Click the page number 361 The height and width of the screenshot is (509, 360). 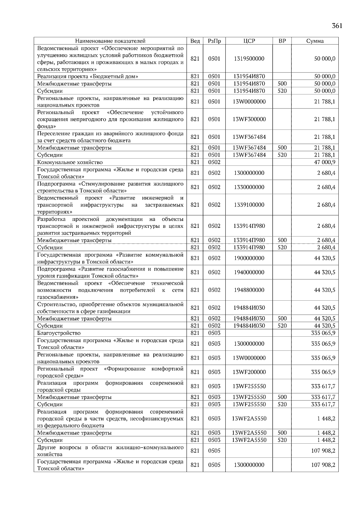click(337, 26)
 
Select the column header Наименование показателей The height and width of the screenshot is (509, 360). click(110, 41)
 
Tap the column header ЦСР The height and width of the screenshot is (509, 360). click(249, 41)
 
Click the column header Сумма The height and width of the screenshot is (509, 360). click(315, 41)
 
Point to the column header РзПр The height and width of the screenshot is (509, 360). click(214, 41)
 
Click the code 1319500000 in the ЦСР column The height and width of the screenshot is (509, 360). click(249, 59)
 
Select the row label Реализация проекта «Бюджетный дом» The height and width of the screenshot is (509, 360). click(88, 76)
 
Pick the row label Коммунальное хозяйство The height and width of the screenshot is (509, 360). click(70, 162)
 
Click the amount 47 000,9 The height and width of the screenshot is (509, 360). click(325, 162)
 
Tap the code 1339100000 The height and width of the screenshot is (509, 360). click(249, 205)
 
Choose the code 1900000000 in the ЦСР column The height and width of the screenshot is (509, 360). click(249, 258)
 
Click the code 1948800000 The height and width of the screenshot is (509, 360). click(249, 290)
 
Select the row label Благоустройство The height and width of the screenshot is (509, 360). click(59, 333)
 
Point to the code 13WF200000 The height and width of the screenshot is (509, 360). click(249, 372)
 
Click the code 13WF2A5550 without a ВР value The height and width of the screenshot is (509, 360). click(249, 418)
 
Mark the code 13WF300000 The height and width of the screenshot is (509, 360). click(249, 119)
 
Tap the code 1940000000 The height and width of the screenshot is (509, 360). click(249, 272)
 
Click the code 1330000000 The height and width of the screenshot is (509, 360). click(249, 187)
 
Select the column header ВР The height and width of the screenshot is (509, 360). click(282, 41)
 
